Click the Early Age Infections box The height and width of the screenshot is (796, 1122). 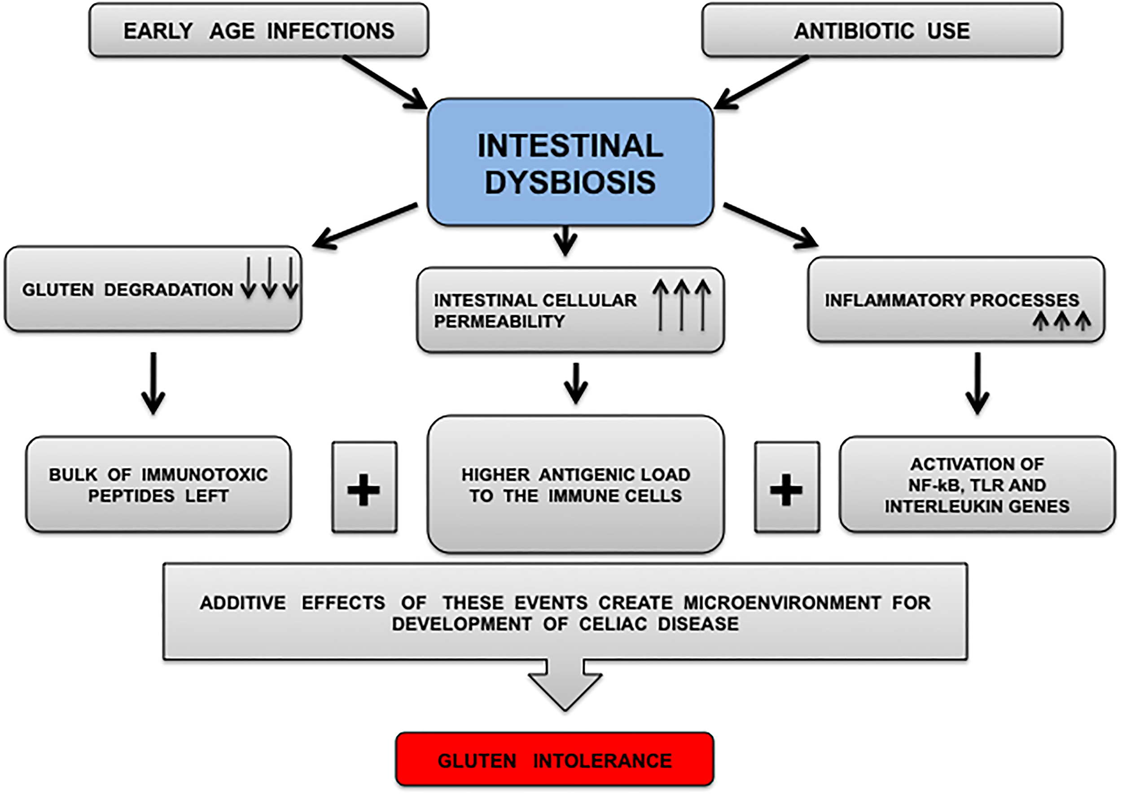click(x=259, y=31)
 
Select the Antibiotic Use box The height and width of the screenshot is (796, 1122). click(x=882, y=31)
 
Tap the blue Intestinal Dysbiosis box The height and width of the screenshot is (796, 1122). click(x=570, y=163)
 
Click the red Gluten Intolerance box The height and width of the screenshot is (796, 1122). click(x=554, y=760)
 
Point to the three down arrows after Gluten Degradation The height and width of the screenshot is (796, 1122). click(x=270, y=278)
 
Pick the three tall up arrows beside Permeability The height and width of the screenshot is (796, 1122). click(x=681, y=305)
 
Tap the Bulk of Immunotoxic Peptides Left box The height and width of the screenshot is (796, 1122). click(x=158, y=485)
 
